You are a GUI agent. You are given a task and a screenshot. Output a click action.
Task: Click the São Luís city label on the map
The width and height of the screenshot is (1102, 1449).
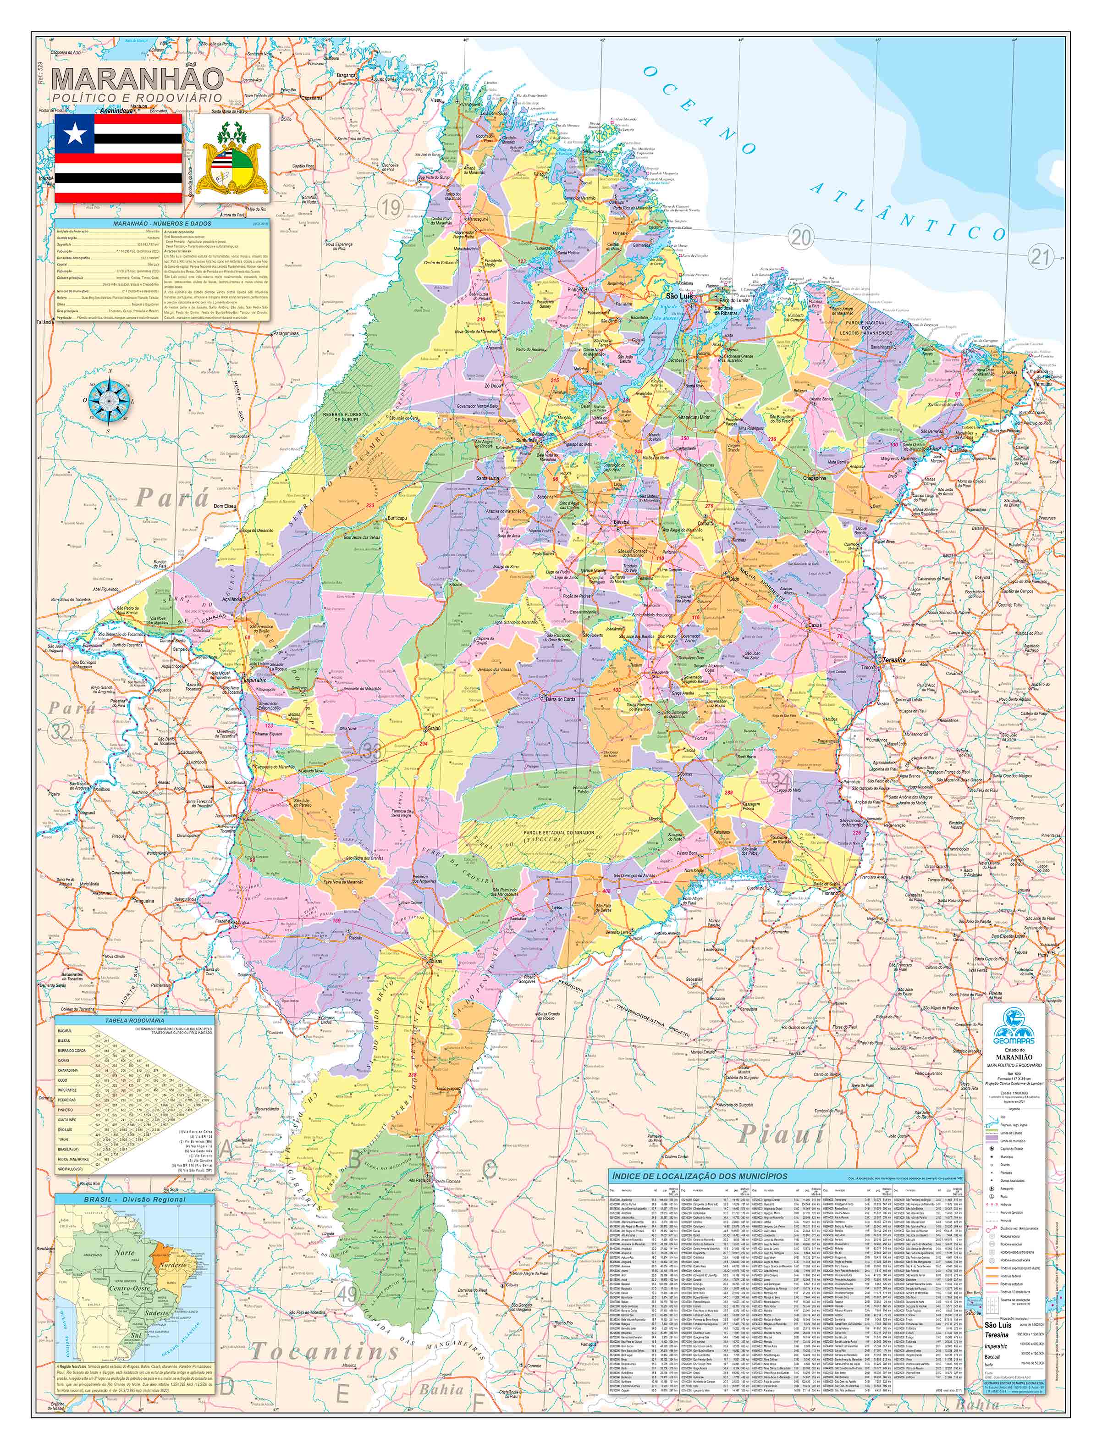(678, 297)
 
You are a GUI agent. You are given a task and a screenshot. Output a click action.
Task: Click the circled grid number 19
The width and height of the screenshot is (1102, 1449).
(391, 209)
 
